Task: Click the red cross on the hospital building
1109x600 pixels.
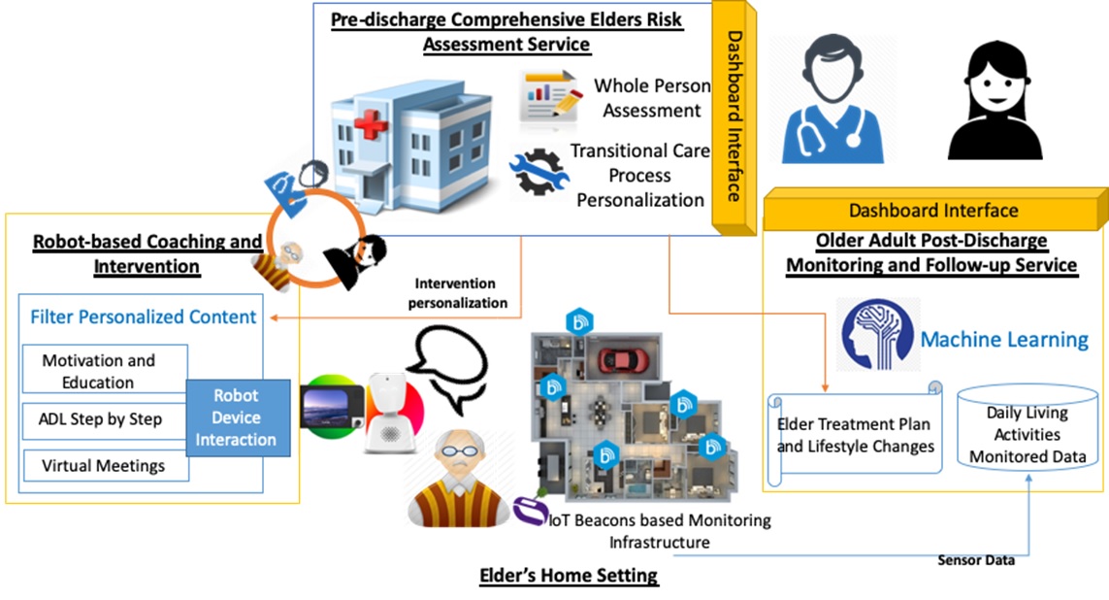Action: click(x=371, y=125)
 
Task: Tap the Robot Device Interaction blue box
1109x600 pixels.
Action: click(x=238, y=417)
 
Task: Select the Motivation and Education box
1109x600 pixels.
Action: click(x=105, y=369)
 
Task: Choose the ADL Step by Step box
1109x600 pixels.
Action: click(x=104, y=420)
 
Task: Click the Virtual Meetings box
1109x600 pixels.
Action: click(x=106, y=466)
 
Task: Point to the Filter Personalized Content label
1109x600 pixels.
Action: click(x=143, y=317)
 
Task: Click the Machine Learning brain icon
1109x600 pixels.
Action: click(x=878, y=335)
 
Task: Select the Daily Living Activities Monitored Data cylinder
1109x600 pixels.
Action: click(x=1027, y=427)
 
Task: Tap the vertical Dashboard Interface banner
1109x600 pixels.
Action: click(x=734, y=117)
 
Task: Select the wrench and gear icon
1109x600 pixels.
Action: click(x=538, y=171)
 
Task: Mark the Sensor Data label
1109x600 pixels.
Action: click(x=976, y=560)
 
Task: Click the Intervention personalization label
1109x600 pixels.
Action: click(x=457, y=293)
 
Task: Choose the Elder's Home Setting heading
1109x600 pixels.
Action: click(x=569, y=575)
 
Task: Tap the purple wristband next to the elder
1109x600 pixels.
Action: click(x=529, y=511)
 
